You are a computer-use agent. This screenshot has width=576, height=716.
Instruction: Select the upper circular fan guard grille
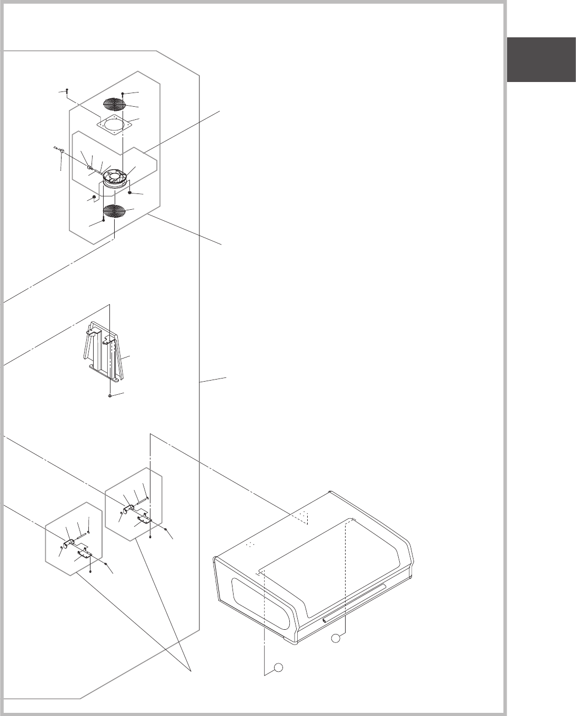(116, 104)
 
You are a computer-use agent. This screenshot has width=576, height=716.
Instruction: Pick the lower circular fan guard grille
(116, 211)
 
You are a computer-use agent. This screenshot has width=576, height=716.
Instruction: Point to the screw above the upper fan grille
(122, 94)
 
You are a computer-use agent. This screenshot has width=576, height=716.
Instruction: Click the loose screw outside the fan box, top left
(68, 91)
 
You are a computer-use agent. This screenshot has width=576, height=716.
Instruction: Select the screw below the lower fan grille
(103, 221)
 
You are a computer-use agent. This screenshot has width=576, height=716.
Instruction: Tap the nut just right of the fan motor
(130, 192)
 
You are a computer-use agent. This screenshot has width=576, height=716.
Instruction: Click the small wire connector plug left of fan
(62, 151)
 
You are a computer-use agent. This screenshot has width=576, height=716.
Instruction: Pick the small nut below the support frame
(109, 395)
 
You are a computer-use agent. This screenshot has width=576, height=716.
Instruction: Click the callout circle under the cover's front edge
(336, 638)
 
